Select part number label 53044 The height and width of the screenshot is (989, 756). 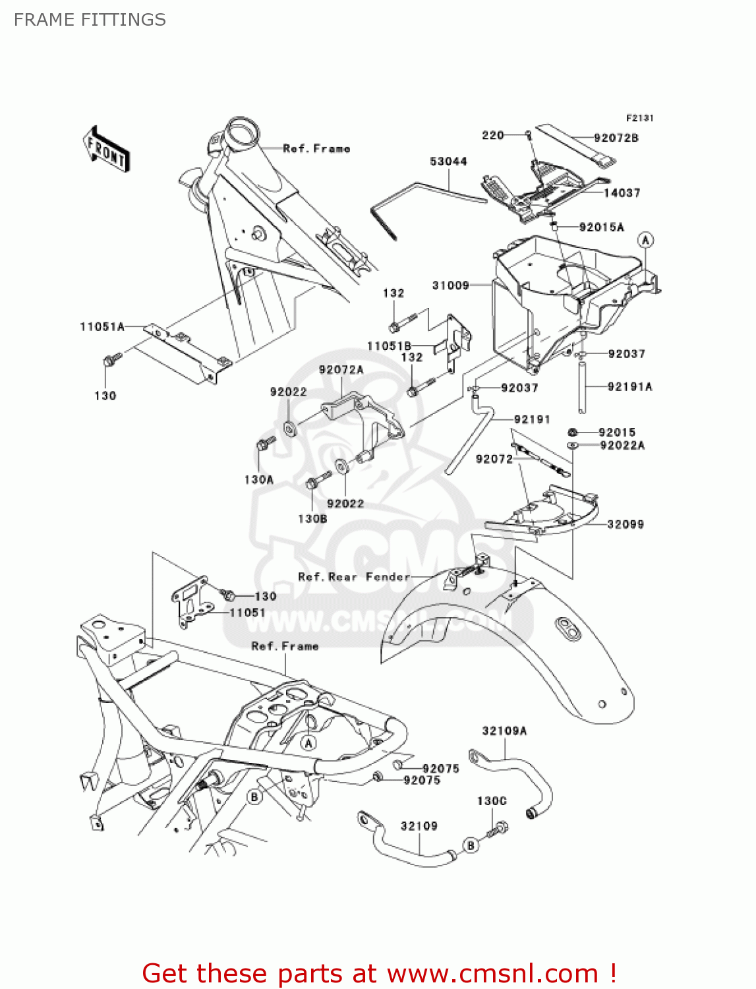448,162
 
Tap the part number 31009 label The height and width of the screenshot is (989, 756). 450,285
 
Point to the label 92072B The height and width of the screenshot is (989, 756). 616,138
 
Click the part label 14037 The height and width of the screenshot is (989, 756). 622,193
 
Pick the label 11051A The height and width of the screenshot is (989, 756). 102,326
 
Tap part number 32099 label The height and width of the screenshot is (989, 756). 625,524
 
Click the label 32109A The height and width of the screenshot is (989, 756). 504,731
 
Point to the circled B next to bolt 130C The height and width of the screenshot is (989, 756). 470,845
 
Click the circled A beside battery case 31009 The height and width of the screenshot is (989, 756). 645,240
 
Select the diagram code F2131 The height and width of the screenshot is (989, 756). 639,118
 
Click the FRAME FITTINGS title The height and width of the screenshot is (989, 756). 90,20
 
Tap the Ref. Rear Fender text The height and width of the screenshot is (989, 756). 354,577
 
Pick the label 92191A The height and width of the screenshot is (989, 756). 629,386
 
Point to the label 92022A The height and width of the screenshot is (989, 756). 622,446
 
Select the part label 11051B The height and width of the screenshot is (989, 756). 389,346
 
